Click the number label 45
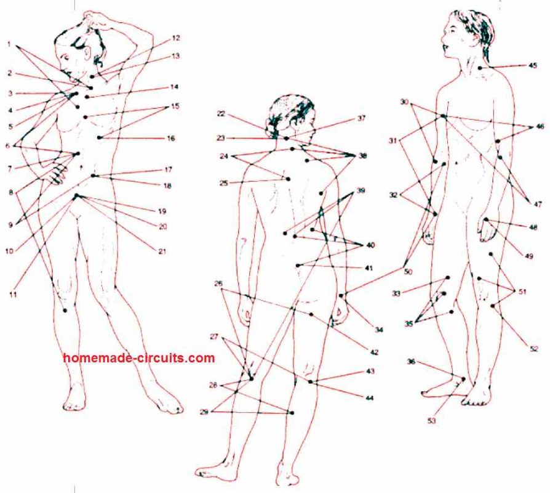click(x=533, y=65)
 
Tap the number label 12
click(x=176, y=38)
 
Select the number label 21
click(x=162, y=251)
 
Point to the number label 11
click(x=13, y=295)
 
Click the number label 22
click(x=221, y=114)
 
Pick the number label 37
click(x=362, y=118)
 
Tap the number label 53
click(x=432, y=420)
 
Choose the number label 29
click(x=204, y=412)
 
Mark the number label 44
click(x=370, y=397)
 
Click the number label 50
click(x=408, y=272)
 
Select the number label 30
click(x=404, y=102)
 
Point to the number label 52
click(x=533, y=349)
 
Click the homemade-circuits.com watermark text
click(x=139, y=357)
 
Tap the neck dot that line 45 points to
click(x=480, y=68)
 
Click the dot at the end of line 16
click(x=99, y=137)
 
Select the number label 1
click(x=9, y=44)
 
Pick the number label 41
click(x=369, y=268)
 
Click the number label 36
click(x=412, y=361)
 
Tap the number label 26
click(x=218, y=283)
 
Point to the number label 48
click(x=533, y=227)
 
